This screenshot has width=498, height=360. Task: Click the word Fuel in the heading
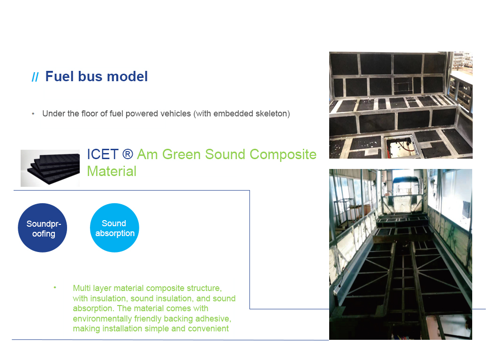pyautogui.click(x=60, y=77)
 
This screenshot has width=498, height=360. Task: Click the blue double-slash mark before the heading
pyautogui.click(x=35, y=77)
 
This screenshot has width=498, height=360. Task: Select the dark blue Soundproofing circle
pyautogui.click(x=43, y=228)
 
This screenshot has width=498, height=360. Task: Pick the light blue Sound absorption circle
pyautogui.click(x=115, y=228)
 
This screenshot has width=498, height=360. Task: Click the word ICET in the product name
pyautogui.click(x=103, y=154)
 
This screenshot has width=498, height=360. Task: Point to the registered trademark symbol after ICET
pyautogui.click(x=128, y=154)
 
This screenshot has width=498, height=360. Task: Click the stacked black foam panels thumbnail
pyautogui.click(x=50, y=168)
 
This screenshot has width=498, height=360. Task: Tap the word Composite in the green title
pyautogui.click(x=283, y=154)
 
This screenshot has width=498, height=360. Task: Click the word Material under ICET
pyautogui.click(x=112, y=171)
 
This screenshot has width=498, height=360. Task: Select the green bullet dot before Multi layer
pyautogui.click(x=55, y=288)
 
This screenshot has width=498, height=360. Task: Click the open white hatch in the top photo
pyautogui.click(x=400, y=145)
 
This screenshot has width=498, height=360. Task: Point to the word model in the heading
pyautogui.click(x=127, y=77)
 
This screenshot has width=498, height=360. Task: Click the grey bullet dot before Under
pyautogui.click(x=33, y=114)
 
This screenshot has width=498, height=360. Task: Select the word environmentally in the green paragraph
pyautogui.click(x=102, y=319)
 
